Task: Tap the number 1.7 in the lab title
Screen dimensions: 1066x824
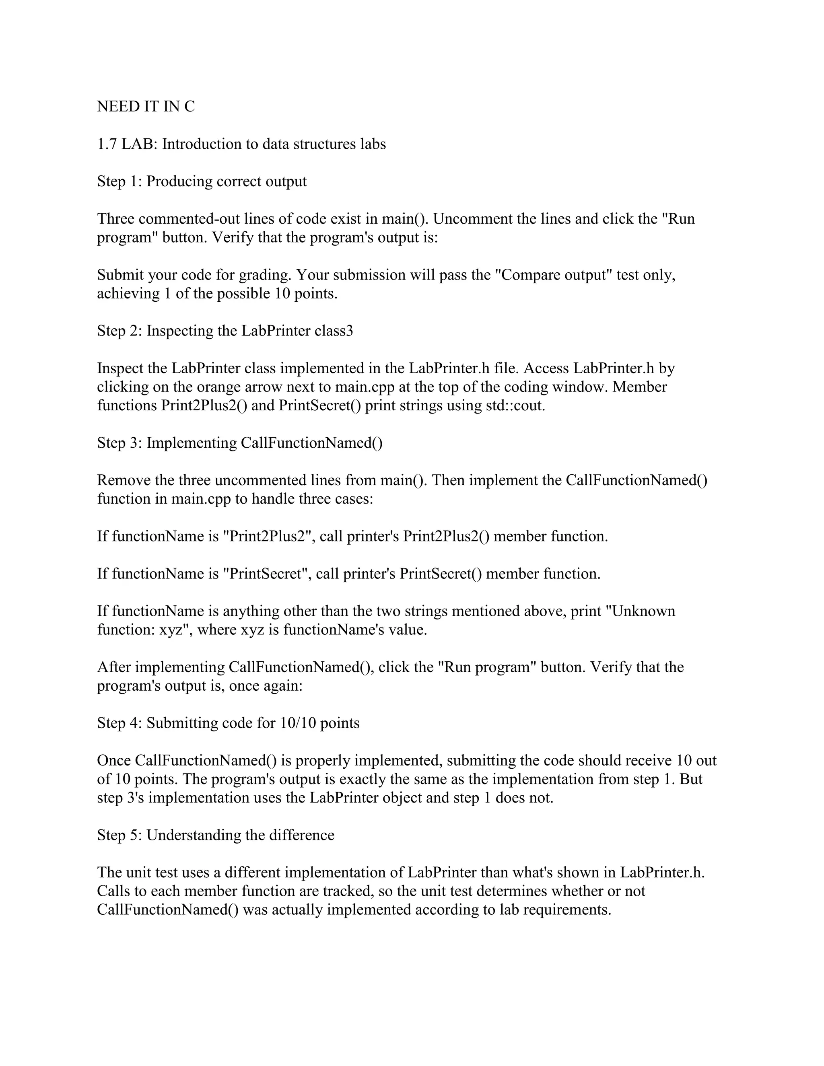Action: [107, 144]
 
